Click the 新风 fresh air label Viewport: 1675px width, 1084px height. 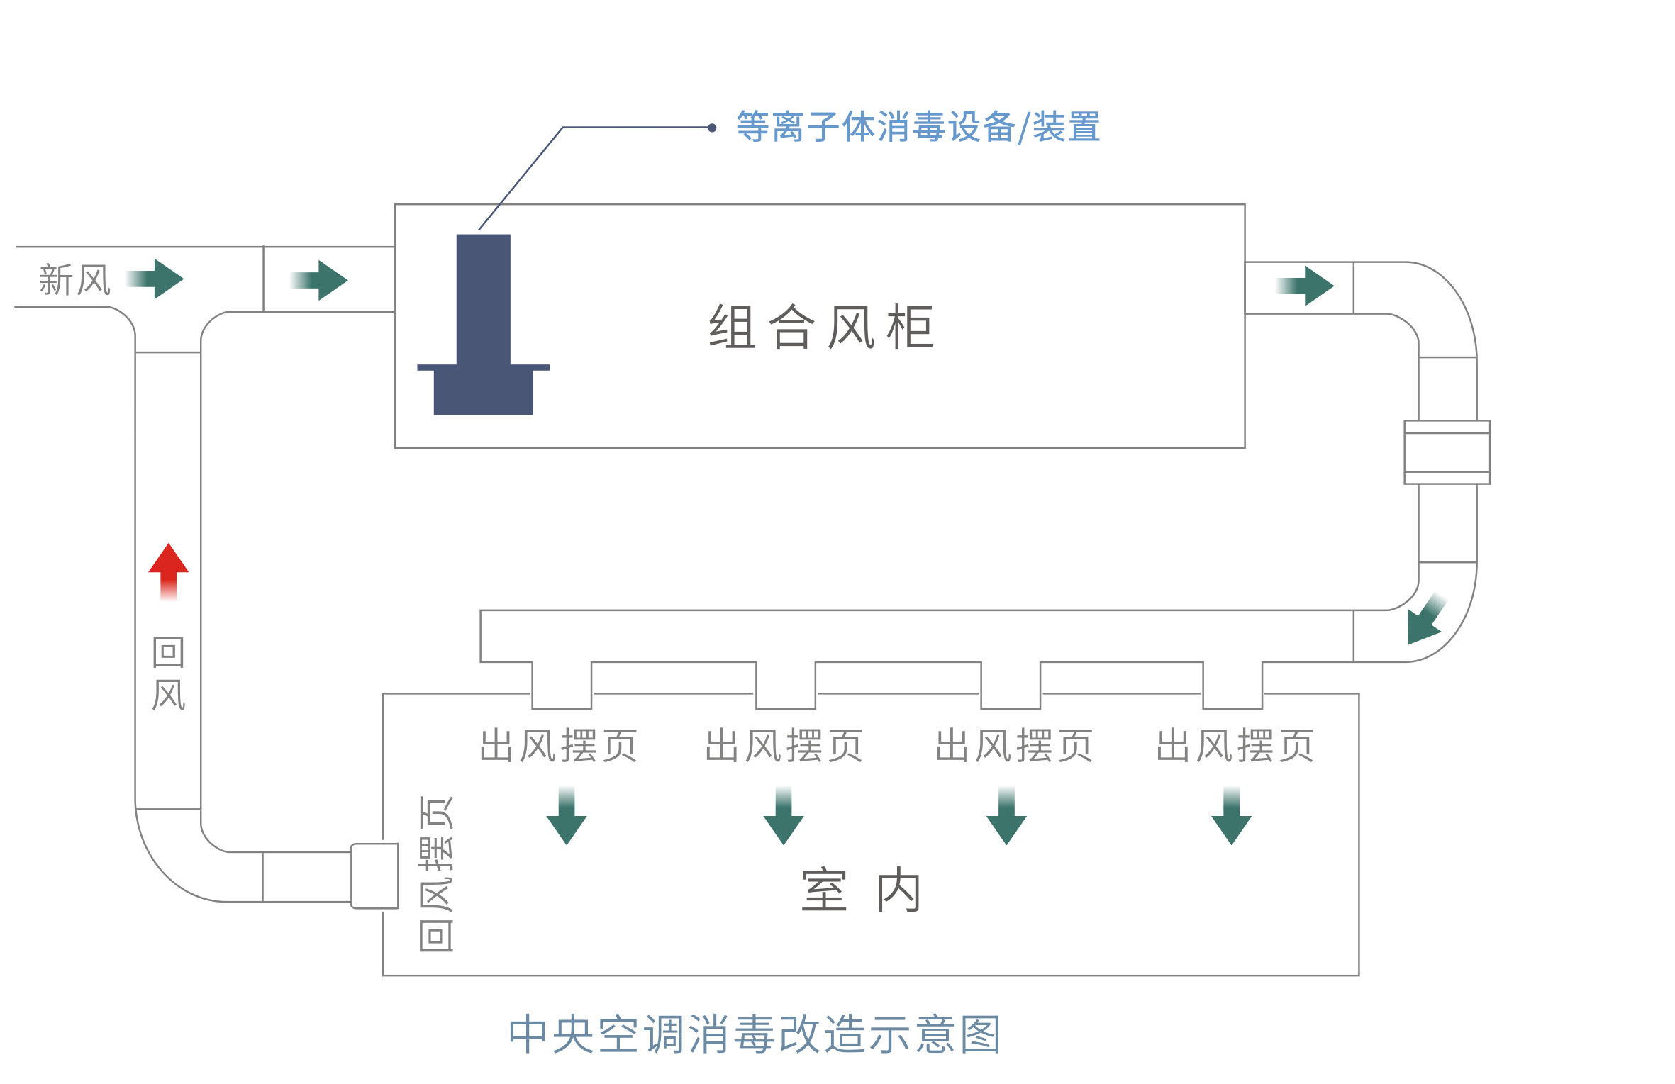pyautogui.click(x=75, y=280)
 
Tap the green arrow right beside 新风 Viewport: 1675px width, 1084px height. pyautogui.click(x=155, y=279)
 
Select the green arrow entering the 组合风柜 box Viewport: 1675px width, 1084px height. pyautogui.click(x=319, y=281)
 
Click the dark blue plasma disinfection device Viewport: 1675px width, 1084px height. pyautogui.click(x=483, y=325)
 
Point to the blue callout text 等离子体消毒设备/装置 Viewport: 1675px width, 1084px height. pyautogui.click(x=918, y=128)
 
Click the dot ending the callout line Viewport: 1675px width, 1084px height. pyautogui.click(x=712, y=128)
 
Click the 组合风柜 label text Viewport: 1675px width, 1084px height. pyautogui.click(x=821, y=327)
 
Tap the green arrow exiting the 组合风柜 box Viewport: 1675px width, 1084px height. pyautogui.click(x=1305, y=286)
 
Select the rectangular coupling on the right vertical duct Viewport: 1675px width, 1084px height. pyautogui.click(x=1447, y=452)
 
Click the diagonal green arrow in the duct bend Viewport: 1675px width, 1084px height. pyautogui.click(x=1426, y=619)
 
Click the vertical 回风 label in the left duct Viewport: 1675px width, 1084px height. pyautogui.click(x=169, y=674)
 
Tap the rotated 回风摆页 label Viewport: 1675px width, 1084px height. pyautogui.click(x=436, y=873)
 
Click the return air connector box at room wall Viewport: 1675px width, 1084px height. pyautogui.click(x=375, y=876)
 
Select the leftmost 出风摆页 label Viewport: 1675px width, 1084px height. pyautogui.click(x=559, y=746)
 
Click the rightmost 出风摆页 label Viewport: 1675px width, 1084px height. pyautogui.click(x=1235, y=746)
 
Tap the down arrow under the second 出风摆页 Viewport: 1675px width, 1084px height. pyautogui.click(x=784, y=816)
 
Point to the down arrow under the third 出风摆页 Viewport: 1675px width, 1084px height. pyautogui.click(x=1006, y=816)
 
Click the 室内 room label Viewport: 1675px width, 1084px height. pyautogui.click(x=862, y=890)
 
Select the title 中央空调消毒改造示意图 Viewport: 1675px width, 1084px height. pyautogui.click(x=755, y=1034)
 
